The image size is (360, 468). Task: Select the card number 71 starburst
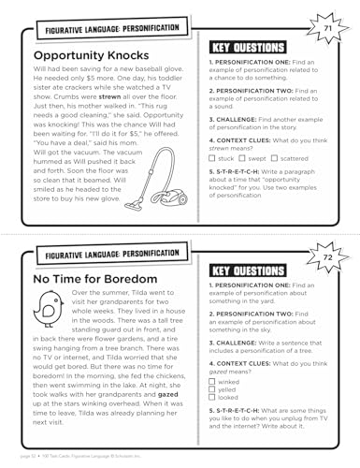(325, 33)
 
